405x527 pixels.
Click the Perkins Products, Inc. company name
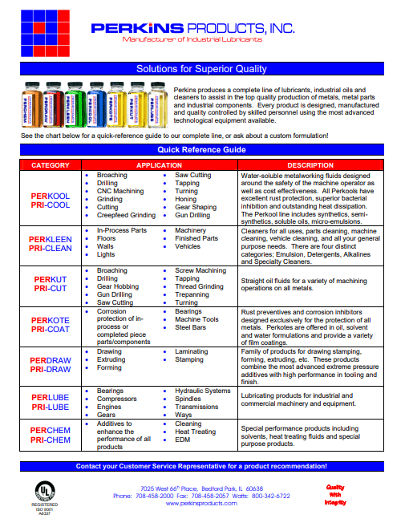pyautogui.click(x=192, y=29)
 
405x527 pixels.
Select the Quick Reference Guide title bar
pyautogui.click(x=201, y=149)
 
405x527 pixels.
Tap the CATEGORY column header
pyautogui.click(x=51, y=164)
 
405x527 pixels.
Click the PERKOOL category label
pyautogui.click(x=51, y=196)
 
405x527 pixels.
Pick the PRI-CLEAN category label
pyautogui.click(x=51, y=249)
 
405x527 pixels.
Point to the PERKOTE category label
pyautogui.click(x=51, y=319)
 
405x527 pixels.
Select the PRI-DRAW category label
pyautogui.click(x=51, y=370)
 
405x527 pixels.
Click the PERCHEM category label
pyautogui.click(x=51, y=431)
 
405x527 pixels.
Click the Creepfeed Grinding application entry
pyautogui.click(x=126, y=215)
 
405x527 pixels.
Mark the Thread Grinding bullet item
pyautogui.click(x=200, y=286)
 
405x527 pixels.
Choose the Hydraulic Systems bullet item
pyautogui.click(x=202, y=391)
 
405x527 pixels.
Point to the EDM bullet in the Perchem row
pyautogui.click(x=182, y=440)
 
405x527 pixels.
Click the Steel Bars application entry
pyautogui.click(x=192, y=327)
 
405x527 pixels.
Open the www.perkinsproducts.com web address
pyautogui.click(x=202, y=503)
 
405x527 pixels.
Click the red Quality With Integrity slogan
pyautogui.click(x=335, y=494)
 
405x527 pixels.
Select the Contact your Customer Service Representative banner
pyautogui.click(x=201, y=466)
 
